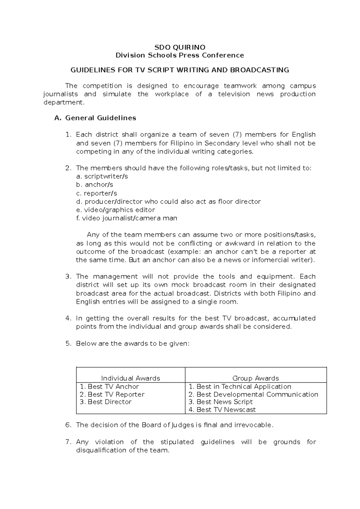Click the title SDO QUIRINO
180,47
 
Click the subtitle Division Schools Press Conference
180,55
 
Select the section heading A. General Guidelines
95,118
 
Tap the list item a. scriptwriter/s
102,176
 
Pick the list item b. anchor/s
94,185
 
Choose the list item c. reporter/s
96,193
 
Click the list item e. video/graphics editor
115,210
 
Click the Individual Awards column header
130,378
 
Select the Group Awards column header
256,378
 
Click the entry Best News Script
224,402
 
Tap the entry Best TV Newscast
226,410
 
